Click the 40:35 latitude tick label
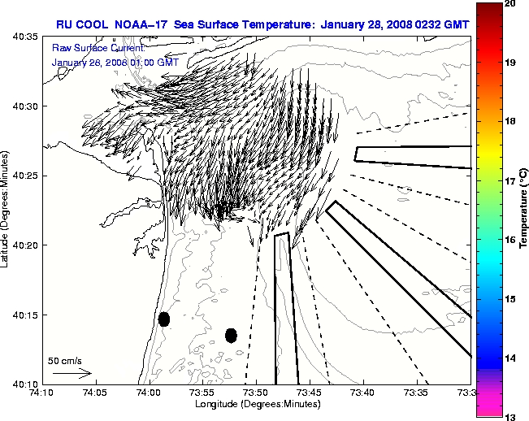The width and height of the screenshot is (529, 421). [x=22, y=37]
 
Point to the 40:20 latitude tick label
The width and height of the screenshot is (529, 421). [x=22, y=245]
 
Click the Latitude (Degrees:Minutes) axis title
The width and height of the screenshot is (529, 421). [x=7, y=210]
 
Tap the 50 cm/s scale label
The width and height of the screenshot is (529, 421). [x=64, y=360]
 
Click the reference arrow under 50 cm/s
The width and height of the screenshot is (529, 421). [x=71, y=373]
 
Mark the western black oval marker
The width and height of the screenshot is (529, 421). [x=163, y=319]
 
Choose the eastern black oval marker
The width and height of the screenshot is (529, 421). [x=231, y=335]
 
